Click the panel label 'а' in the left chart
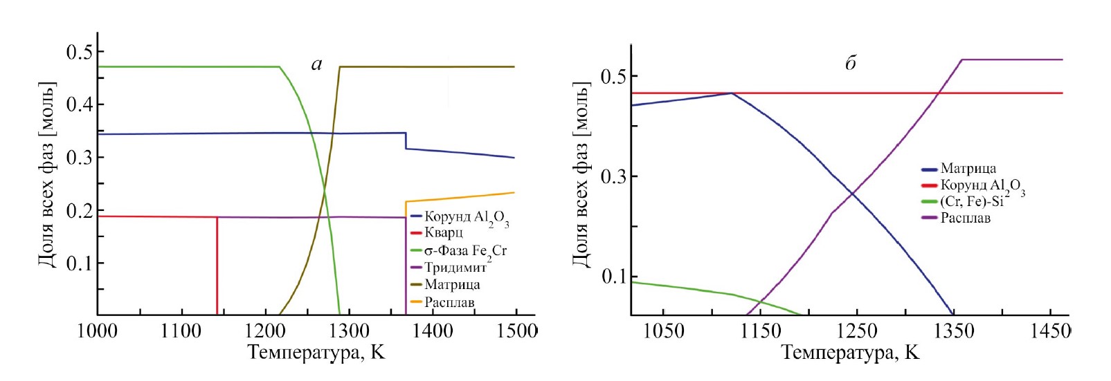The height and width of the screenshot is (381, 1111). tap(316, 65)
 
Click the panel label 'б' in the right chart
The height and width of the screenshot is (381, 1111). tap(850, 63)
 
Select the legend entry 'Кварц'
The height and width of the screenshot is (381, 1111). tap(443, 233)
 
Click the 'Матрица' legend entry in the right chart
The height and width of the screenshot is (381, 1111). tap(968, 168)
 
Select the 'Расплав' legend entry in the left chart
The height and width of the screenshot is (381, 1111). tap(449, 302)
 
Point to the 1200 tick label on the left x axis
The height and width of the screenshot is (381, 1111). tap(265, 331)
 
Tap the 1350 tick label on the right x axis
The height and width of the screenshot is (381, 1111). tap(954, 332)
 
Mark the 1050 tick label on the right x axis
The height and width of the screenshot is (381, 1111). tap(663, 332)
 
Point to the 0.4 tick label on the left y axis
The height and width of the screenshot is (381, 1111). tap(80, 104)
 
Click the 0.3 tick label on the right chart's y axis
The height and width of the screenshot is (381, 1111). tap(615, 176)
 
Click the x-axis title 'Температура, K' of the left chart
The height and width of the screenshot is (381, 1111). tap(316, 353)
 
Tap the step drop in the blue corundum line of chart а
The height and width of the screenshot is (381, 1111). tap(406, 140)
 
